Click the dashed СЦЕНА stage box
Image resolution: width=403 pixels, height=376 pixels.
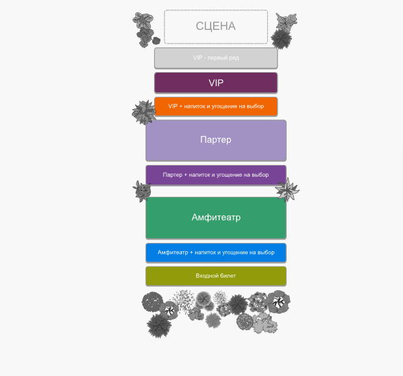click(x=216, y=27)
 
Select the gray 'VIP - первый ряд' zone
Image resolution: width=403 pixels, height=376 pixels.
click(x=216, y=58)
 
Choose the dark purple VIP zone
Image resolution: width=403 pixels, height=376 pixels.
click(x=216, y=83)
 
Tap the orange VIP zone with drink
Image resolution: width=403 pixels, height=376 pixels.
click(x=216, y=107)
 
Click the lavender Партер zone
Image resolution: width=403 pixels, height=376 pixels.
click(x=216, y=140)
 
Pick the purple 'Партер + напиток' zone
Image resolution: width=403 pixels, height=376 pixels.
click(x=216, y=175)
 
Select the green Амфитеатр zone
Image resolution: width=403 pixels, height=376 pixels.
click(x=216, y=218)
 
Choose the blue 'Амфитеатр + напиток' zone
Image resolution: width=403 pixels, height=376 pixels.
click(x=216, y=253)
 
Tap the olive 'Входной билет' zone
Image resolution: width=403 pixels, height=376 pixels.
click(x=216, y=276)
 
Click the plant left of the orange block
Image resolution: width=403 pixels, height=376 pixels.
click(x=144, y=112)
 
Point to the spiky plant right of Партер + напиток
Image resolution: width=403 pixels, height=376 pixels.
click(x=287, y=190)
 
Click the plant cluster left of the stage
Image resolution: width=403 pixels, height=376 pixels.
click(x=146, y=28)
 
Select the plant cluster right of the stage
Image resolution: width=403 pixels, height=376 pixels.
click(x=283, y=31)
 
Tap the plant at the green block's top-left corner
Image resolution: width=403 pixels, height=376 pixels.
click(x=142, y=191)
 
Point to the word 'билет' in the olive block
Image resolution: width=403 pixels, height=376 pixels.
click(x=228, y=276)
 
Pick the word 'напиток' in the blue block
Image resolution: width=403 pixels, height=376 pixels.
click(x=204, y=253)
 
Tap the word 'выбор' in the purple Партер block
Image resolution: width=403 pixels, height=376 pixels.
click(x=260, y=175)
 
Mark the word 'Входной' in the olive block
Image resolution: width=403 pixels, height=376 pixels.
click(x=207, y=276)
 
